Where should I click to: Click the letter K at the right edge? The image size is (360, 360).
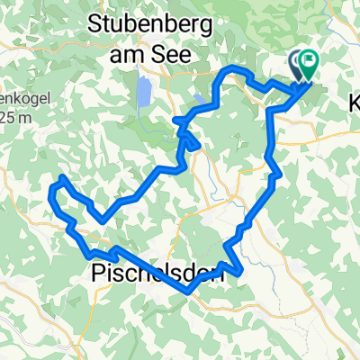[x=352, y=105]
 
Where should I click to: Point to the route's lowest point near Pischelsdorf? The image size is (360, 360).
[x=187, y=290]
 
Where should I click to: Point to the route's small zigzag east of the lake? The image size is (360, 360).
[x=191, y=139]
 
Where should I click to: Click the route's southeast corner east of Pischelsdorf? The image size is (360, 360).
[x=240, y=270]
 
